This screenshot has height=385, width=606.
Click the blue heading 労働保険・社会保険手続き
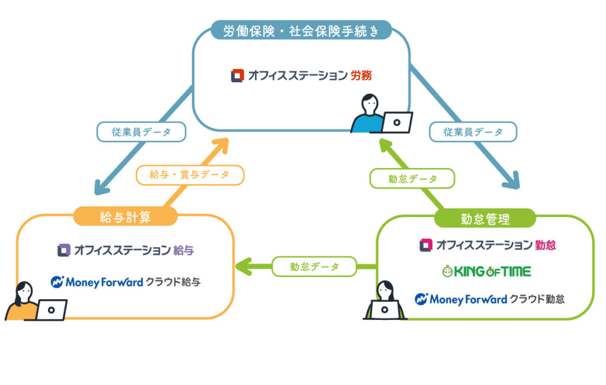(x=301, y=30)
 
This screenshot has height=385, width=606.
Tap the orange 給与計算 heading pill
(x=125, y=217)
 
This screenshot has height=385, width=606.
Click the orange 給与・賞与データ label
(x=190, y=174)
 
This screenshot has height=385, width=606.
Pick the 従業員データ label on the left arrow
(x=141, y=132)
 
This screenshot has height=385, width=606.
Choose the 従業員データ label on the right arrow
(x=473, y=132)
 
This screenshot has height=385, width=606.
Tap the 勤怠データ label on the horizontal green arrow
(x=314, y=267)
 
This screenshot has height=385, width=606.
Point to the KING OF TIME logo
(x=486, y=271)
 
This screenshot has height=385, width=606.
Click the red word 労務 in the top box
(x=360, y=76)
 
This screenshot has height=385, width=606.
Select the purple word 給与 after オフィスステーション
(x=184, y=250)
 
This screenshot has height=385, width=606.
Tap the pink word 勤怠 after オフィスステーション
(x=546, y=244)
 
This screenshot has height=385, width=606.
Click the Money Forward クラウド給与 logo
(x=125, y=282)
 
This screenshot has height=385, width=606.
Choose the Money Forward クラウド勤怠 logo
(x=489, y=299)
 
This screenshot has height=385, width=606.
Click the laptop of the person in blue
(x=396, y=122)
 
